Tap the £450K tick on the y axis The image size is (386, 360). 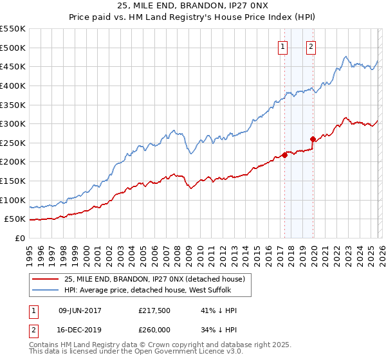click(x=13, y=67)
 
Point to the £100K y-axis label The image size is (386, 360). click(x=13, y=201)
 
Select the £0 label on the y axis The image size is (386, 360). click(x=19, y=239)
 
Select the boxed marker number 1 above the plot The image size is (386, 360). click(x=283, y=46)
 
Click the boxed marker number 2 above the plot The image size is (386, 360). click(x=311, y=46)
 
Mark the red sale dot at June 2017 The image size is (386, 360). click(x=284, y=155)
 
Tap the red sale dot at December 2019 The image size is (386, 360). click(x=313, y=139)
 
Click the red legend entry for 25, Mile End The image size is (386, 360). click(x=154, y=280)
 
